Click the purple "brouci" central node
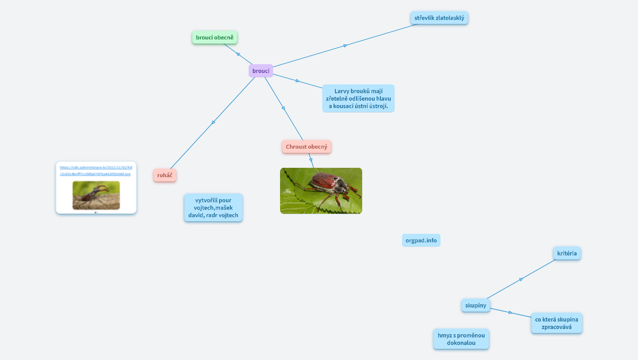point(261,71)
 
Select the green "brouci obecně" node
point(214,37)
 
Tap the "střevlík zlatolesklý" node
point(439,18)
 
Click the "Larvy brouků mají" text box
point(358,98)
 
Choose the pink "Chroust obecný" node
point(306,147)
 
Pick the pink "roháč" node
point(165,175)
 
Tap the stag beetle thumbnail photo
point(96,195)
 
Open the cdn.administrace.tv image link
point(96,170)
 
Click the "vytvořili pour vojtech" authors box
point(213,208)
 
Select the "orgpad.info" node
point(421,240)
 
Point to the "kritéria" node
point(567,254)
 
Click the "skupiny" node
point(476,306)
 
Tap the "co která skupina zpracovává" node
point(556,323)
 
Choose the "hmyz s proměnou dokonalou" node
point(461,339)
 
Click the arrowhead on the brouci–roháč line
point(213,123)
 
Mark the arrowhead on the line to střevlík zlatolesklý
point(345,45)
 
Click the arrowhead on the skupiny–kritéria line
point(521,279)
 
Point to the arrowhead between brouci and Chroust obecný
point(283,108)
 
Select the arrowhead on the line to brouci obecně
point(238,54)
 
